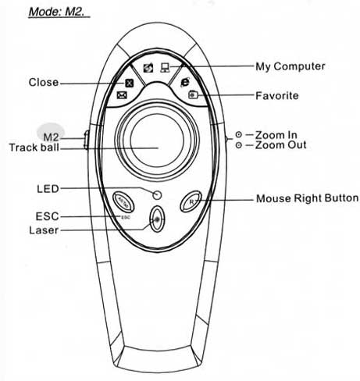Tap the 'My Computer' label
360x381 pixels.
coord(290,66)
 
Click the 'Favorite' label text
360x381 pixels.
coord(277,96)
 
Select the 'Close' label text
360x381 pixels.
coord(44,82)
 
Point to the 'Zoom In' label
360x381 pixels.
coord(276,135)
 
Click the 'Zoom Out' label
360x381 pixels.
coord(280,145)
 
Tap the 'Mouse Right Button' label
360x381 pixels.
coord(307,198)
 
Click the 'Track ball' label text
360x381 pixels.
coord(34,148)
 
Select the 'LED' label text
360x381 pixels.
coord(48,189)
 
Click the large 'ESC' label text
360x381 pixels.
coord(48,216)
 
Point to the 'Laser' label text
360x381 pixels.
coord(44,230)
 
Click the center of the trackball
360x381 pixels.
coord(157,141)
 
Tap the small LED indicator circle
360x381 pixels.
coord(157,195)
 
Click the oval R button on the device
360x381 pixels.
coord(191,201)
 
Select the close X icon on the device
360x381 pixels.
coord(129,83)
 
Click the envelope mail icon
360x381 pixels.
coord(122,95)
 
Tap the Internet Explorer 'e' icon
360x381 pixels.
coord(185,82)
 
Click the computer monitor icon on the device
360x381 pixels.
coord(165,68)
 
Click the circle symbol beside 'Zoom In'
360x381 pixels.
coord(239,135)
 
